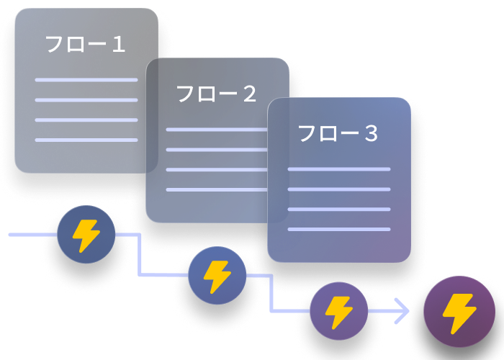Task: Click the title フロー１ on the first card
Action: tap(86, 45)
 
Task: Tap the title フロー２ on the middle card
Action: tap(217, 94)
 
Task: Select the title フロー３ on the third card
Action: tap(338, 134)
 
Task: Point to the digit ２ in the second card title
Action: tap(249, 94)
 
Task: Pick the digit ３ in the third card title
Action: tap(370, 134)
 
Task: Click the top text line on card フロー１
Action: tap(86, 80)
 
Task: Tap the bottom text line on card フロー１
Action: tap(86, 140)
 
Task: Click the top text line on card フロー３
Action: tap(338, 169)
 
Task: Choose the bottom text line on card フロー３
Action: tap(338, 230)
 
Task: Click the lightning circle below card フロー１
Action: tap(86, 235)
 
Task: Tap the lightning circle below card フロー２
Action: tap(217, 275)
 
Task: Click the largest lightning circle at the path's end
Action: tap(459, 312)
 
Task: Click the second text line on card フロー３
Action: tap(338, 189)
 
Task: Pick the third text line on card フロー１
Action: tap(86, 120)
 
